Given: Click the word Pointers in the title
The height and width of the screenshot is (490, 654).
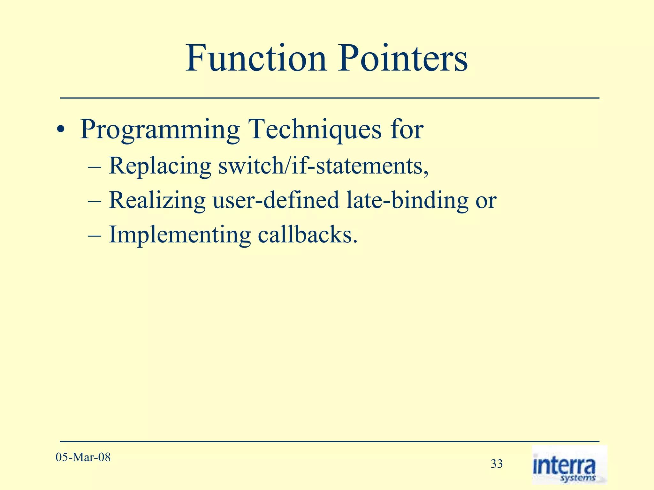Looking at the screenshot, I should tap(403, 58).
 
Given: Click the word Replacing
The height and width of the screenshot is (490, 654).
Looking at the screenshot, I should tap(160, 166).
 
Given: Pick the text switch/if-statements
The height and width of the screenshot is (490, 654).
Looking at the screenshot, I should tap(323, 166).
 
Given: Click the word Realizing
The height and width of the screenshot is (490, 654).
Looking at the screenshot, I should tap(157, 200).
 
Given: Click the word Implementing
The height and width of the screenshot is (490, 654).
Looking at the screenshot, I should tap(180, 235).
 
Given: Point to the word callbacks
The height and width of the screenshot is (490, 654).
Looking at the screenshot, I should tap(307, 235).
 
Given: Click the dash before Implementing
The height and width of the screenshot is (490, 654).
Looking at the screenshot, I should tap(95, 235).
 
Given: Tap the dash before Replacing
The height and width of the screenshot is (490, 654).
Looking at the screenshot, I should tap(95, 167).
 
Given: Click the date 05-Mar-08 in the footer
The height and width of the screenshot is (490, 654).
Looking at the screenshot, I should tap(83, 457).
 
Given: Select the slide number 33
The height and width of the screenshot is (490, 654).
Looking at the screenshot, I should tap(497, 464).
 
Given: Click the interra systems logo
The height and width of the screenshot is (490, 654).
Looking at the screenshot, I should tap(569, 465).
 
